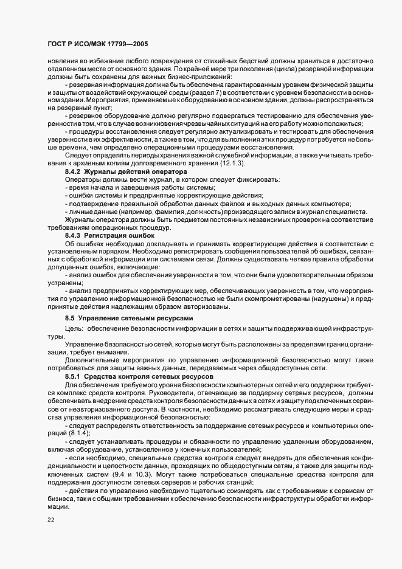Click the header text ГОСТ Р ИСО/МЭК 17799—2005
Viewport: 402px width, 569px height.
point(98,44)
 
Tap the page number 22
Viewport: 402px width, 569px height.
point(50,519)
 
